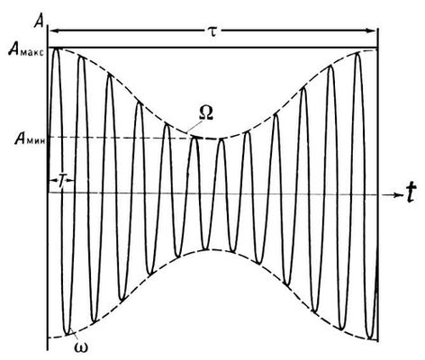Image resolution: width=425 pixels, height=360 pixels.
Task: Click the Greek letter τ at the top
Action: [x=212, y=31]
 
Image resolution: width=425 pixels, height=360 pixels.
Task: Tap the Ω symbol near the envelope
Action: [x=206, y=113]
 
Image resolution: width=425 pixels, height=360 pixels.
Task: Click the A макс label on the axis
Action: [x=26, y=51]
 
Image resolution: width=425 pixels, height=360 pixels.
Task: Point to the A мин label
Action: [x=30, y=139]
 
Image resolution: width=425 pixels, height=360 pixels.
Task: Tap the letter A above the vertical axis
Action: [x=39, y=22]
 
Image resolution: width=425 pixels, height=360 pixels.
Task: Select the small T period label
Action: [x=61, y=182]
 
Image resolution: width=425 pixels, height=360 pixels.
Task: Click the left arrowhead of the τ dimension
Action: [x=52, y=30]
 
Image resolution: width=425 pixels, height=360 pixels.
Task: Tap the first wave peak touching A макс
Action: [x=56, y=49]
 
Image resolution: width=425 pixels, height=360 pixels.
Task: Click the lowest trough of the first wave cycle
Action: [x=68, y=333]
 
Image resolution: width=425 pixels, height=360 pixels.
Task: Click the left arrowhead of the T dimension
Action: [x=51, y=180]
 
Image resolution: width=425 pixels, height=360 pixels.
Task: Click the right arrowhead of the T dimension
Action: [x=70, y=180]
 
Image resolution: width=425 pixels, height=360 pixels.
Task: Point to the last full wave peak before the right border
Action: [x=357, y=53]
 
